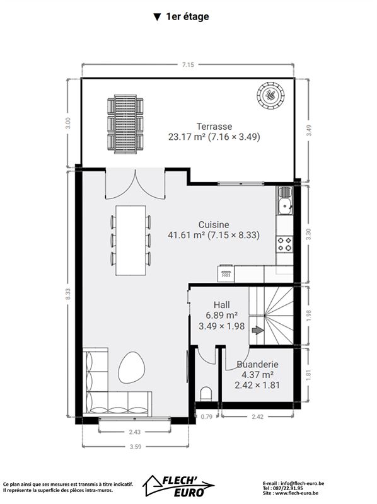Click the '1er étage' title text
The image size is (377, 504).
pos(187,17)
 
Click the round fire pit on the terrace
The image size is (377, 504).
pos(270,96)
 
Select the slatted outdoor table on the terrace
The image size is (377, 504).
pos(125,123)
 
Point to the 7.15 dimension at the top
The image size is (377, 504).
pos(188,65)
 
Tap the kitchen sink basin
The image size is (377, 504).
pos(285,206)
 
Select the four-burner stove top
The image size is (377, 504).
pos(285,244)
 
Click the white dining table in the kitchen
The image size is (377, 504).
pos(130,241)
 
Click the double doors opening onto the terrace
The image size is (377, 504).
pos(136,183)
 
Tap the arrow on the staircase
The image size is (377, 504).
pos(257,330)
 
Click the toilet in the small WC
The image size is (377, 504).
pos(206,394)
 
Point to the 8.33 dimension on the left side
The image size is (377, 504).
pos(68,294)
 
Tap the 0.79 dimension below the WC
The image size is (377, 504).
pos(207,417)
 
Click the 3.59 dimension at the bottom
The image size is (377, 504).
pos(136,447)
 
